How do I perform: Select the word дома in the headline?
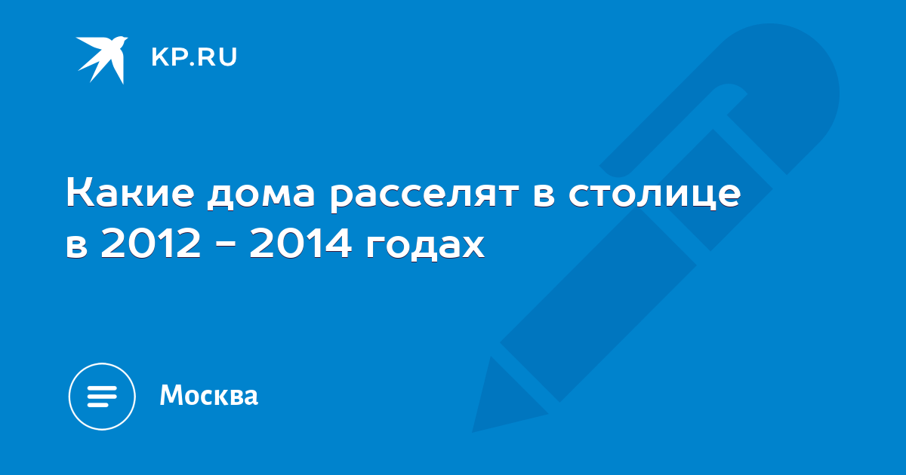pos(260,195)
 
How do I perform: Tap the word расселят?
pos(424,196)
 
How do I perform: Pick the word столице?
pos(655,195)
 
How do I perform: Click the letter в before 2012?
pos(77,245)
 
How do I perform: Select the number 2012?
pos(150,243)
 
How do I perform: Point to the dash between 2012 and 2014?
pos(225,244)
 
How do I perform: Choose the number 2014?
pos(300,243)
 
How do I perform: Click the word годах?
pos(425,246)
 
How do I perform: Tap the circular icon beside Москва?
pos(102,397)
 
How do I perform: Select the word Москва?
pos(208,394)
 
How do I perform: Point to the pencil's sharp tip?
pos(473,432)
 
